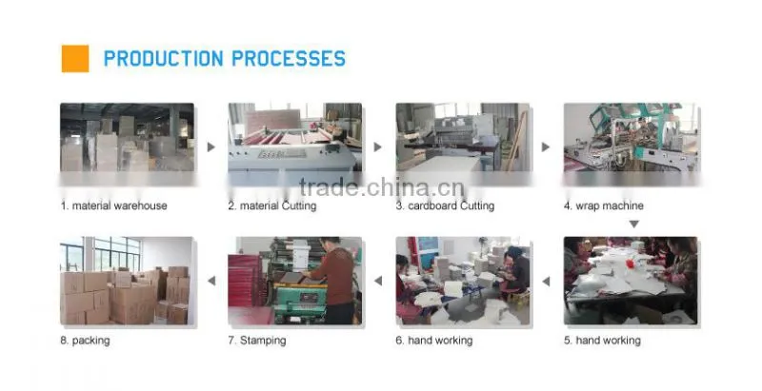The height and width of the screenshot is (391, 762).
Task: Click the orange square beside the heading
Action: (x=75, y=59)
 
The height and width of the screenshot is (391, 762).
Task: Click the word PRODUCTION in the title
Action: (x=163, y=59)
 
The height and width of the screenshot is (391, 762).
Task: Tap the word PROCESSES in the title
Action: (x=289, y=59)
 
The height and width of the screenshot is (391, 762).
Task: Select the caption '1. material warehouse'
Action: (x=113, y=205)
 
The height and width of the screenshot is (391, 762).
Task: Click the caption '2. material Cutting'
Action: (x=272, y=205)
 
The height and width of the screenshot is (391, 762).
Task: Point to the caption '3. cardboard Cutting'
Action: (x=445, y=205)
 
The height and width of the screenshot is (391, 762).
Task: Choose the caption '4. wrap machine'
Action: (x=604, y=205)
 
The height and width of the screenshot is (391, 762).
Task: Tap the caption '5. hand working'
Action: (x=602, y=341)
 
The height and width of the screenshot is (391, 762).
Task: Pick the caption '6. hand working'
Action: (x=434, y=341)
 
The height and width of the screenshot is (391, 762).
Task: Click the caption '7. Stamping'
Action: (x=257, y=341)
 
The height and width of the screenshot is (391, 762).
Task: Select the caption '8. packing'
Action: (x=85, y=341)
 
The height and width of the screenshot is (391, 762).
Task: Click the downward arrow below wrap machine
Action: (x=633, y=225)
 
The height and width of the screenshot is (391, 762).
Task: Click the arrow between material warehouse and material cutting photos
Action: (x=211, y=147)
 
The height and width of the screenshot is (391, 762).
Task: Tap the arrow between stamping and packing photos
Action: (x=211, y=281)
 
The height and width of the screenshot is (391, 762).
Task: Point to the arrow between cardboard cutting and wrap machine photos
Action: (x=546, y=147)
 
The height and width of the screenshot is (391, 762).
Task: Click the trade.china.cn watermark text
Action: (x=382, y=187)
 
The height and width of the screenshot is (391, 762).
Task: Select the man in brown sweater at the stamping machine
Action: (x=334, y=281)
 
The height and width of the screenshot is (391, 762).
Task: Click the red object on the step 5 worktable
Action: (x=631, y=264)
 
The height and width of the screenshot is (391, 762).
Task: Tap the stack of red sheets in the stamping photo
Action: (x=246, y=282)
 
